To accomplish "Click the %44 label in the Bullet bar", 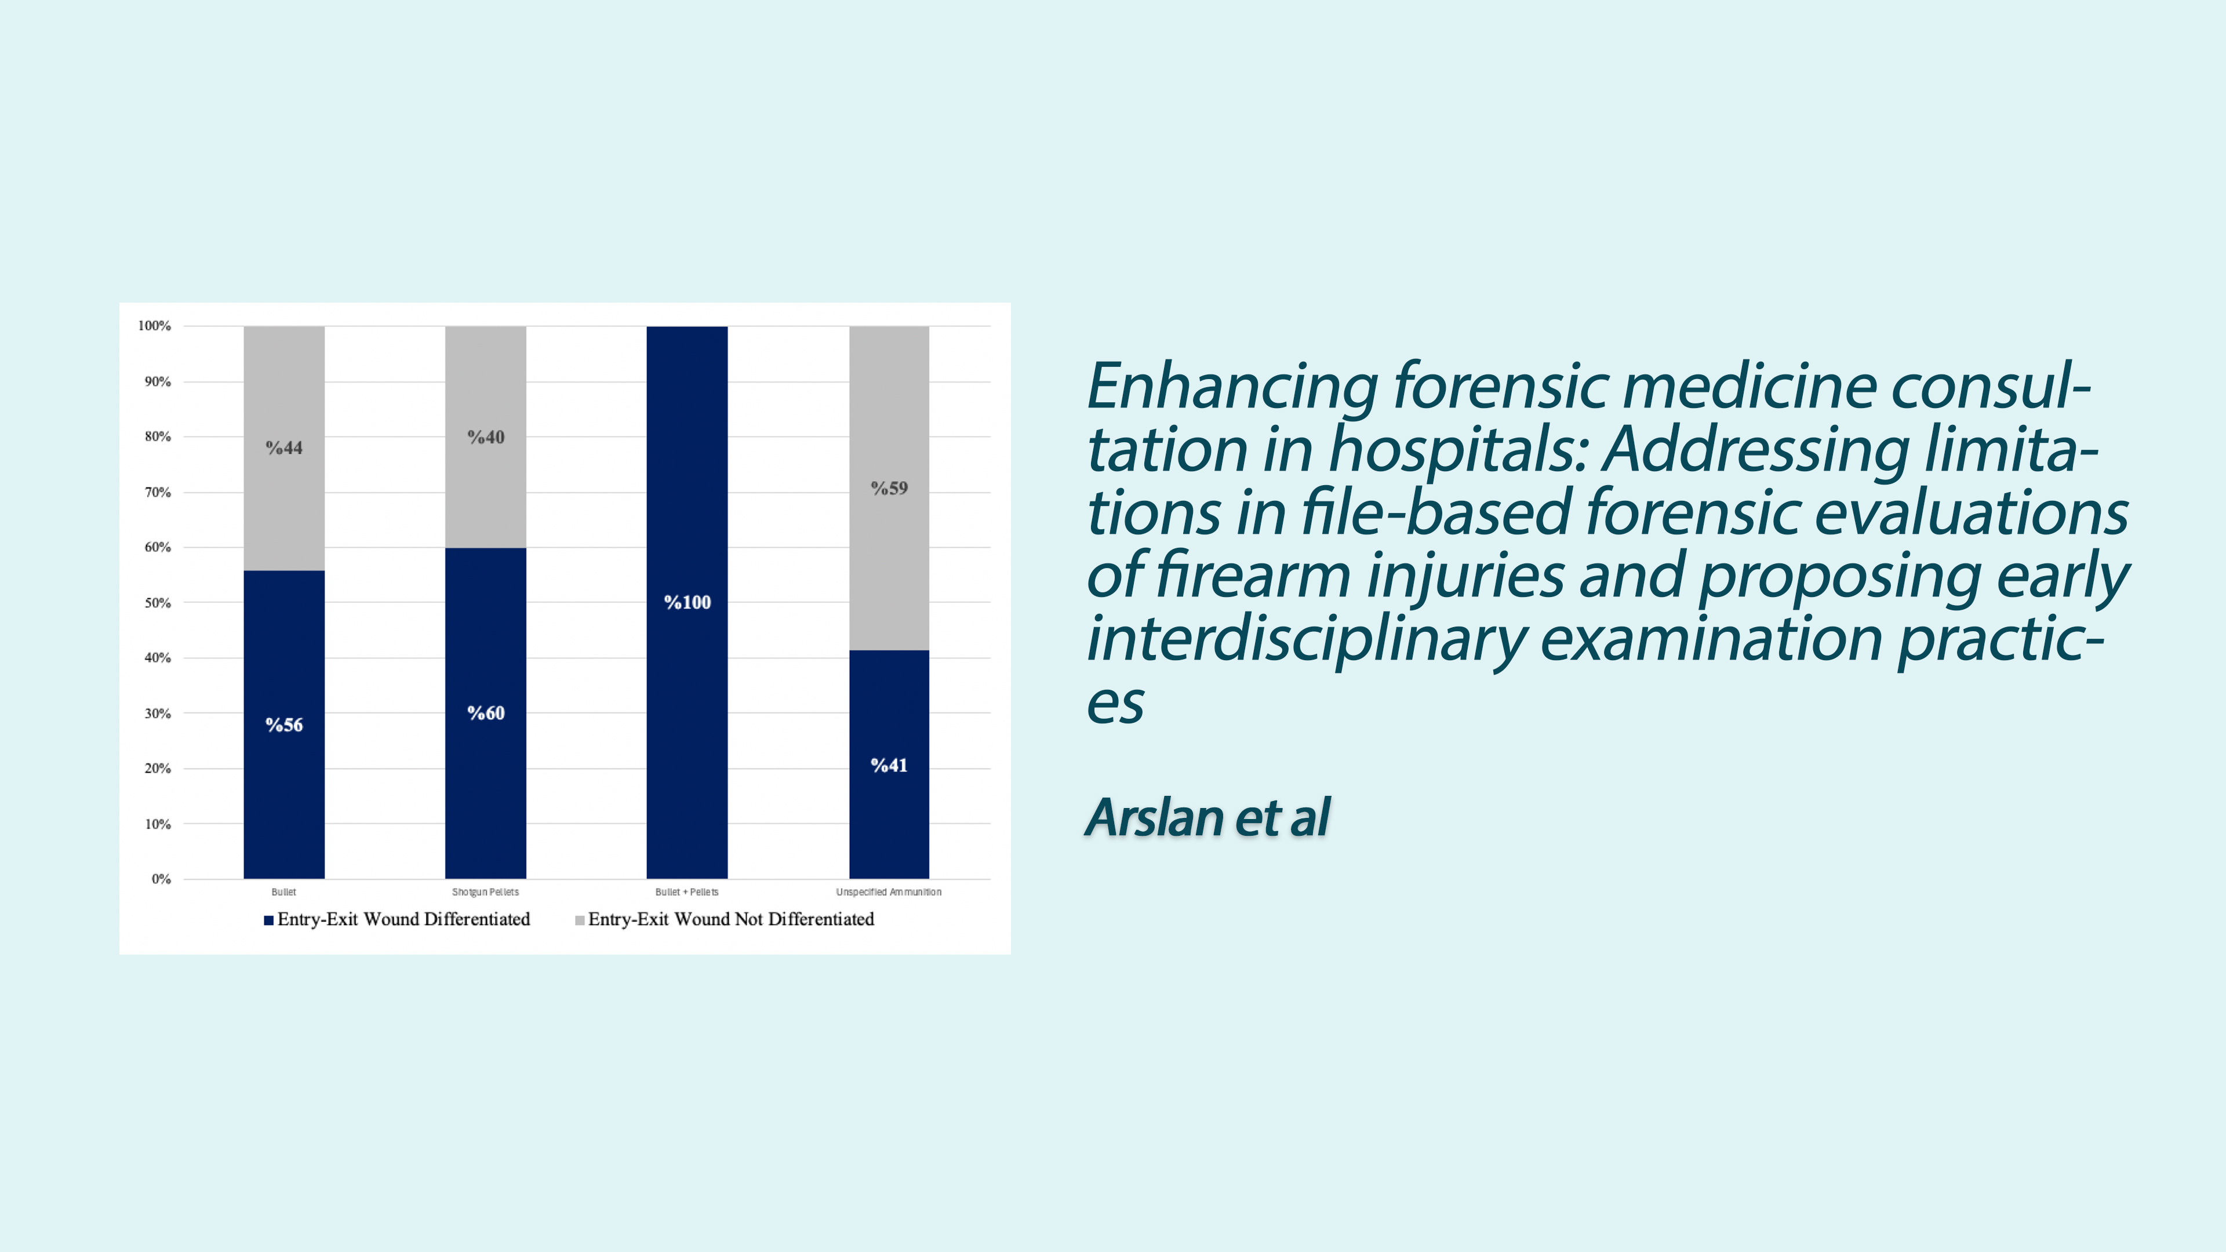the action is pos(283,447).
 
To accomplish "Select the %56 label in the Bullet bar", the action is pos(283,725).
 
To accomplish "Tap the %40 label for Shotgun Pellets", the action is pos(486,437).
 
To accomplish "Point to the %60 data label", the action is pos(486,713).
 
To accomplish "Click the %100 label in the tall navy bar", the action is pos(687,602).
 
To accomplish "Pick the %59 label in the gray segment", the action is pos(889,488).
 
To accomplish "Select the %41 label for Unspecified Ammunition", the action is pos(889,766).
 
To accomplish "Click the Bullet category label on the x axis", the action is pos(283,891).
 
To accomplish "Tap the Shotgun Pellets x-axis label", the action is pos(486,891).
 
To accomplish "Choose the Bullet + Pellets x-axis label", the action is pos(687,891).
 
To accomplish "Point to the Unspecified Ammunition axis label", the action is pos(889,891).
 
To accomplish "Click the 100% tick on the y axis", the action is pos(155,326).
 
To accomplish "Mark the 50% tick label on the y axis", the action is pos(158,603).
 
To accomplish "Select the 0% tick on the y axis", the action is pos(162,879).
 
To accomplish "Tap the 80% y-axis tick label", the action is pos(158,436).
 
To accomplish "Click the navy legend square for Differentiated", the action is pos(269,920).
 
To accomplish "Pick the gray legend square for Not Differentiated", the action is pos(580,920).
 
